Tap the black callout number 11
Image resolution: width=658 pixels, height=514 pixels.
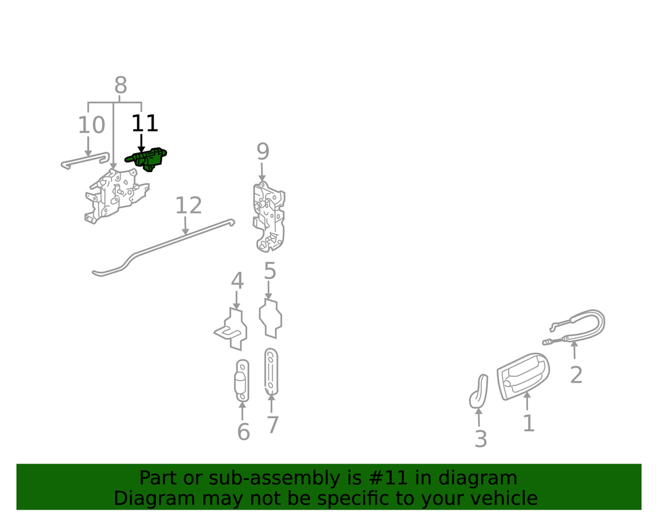145,123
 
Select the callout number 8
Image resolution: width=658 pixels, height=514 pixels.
121,85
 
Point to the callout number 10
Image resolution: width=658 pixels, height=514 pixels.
92,125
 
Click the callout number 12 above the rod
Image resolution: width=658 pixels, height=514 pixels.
188,205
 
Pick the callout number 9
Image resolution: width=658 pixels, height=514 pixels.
263,151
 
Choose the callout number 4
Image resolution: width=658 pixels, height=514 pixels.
237,281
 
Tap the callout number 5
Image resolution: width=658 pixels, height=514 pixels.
270,271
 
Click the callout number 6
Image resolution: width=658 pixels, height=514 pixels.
243,431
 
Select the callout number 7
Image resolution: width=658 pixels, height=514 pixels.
272,425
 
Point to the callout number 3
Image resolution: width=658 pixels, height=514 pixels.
481,439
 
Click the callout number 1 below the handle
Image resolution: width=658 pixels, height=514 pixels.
529,423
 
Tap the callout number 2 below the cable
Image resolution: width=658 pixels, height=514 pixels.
576,375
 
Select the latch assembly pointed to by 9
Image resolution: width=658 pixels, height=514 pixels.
269,217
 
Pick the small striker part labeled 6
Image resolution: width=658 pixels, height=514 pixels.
242,381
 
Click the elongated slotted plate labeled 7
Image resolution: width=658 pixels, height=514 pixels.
271,371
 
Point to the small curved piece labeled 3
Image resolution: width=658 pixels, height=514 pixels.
479,391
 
